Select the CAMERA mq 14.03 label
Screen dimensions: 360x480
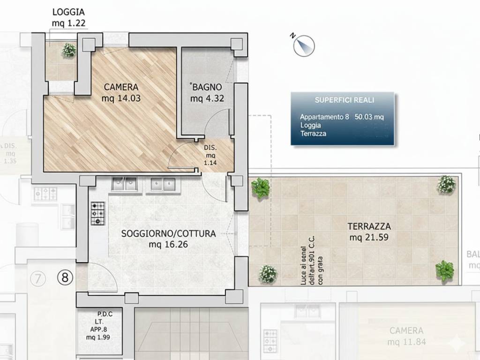tap(121, 92)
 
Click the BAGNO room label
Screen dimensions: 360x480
tap(206, 92)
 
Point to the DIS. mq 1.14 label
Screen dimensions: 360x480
tap(210, 156)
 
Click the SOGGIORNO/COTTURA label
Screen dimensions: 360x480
tap(168, 239)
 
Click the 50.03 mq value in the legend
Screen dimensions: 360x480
tap(369, 117)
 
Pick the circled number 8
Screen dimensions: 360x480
tap(65, 278)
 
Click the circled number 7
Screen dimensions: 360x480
tap(37, 279)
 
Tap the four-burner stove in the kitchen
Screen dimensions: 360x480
tap(97, 213)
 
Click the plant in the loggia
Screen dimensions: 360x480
tap(68, 50)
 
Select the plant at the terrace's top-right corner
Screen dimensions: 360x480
tap(446, 185)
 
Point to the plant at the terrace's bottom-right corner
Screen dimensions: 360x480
tap(444, 271)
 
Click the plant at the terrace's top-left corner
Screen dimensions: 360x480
tap(260, 188)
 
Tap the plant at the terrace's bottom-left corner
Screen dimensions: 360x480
tap(267, 273)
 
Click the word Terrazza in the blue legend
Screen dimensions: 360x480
tap(313, 134)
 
